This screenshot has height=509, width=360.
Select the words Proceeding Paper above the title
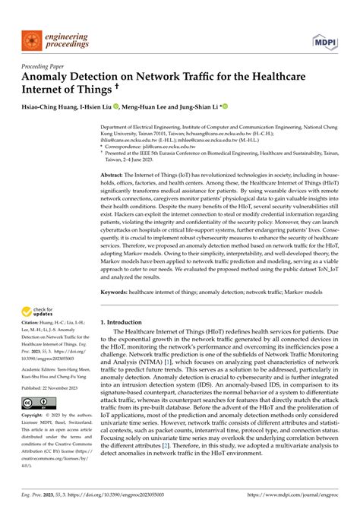(43, 66)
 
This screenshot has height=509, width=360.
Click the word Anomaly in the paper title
(51, 77)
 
